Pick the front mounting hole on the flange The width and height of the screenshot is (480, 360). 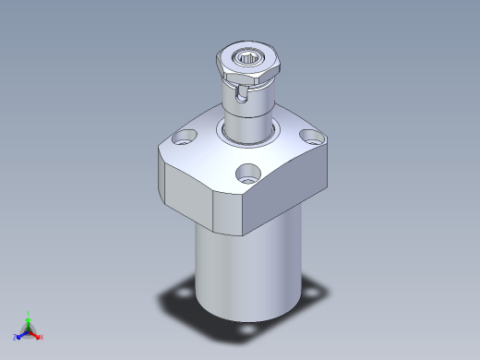(x=246, y=172)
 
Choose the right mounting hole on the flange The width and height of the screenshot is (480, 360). (x=312, y=140)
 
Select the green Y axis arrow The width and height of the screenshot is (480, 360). (x=29, y=316)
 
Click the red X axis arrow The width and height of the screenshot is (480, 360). (x=39, y=336)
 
